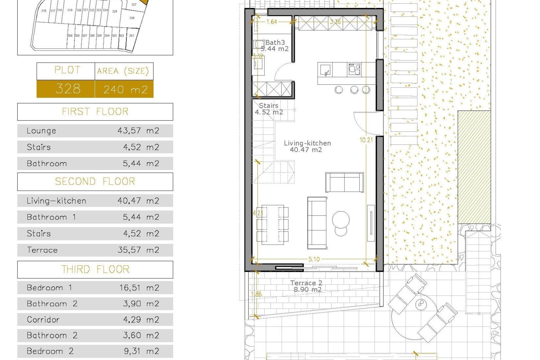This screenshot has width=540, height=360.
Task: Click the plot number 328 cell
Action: tap(68, 89)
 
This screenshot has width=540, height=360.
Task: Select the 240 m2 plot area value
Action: tap(125, 89)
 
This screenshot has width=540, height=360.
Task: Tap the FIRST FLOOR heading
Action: tap(95, 112)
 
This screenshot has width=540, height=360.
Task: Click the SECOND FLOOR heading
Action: tap(95, 181)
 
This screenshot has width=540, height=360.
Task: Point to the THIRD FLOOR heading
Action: tap(95, 269)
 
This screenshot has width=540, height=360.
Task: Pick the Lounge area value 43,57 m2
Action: tap(138, 131)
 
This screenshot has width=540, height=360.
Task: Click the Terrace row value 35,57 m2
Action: tap(138, 250)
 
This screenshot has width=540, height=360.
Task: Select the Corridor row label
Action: tap(43, 320)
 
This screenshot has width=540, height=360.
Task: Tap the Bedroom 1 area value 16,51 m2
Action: tap(139, 288)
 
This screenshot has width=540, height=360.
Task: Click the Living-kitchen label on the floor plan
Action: tap(307, 143)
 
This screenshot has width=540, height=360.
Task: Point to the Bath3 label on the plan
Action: tap(275, 43)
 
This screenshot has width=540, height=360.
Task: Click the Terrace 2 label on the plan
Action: tap(306, 283)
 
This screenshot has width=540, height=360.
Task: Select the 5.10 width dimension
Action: tap(314, 259)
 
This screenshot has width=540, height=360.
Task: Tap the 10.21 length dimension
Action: tap(366, 140)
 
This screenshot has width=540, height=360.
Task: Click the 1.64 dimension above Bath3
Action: tap(272, 22)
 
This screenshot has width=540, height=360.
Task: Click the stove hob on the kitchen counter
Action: tap(354, 69)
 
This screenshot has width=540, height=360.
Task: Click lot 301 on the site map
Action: tap(131, 36)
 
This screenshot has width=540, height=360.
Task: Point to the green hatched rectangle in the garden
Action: tap(474, 167)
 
